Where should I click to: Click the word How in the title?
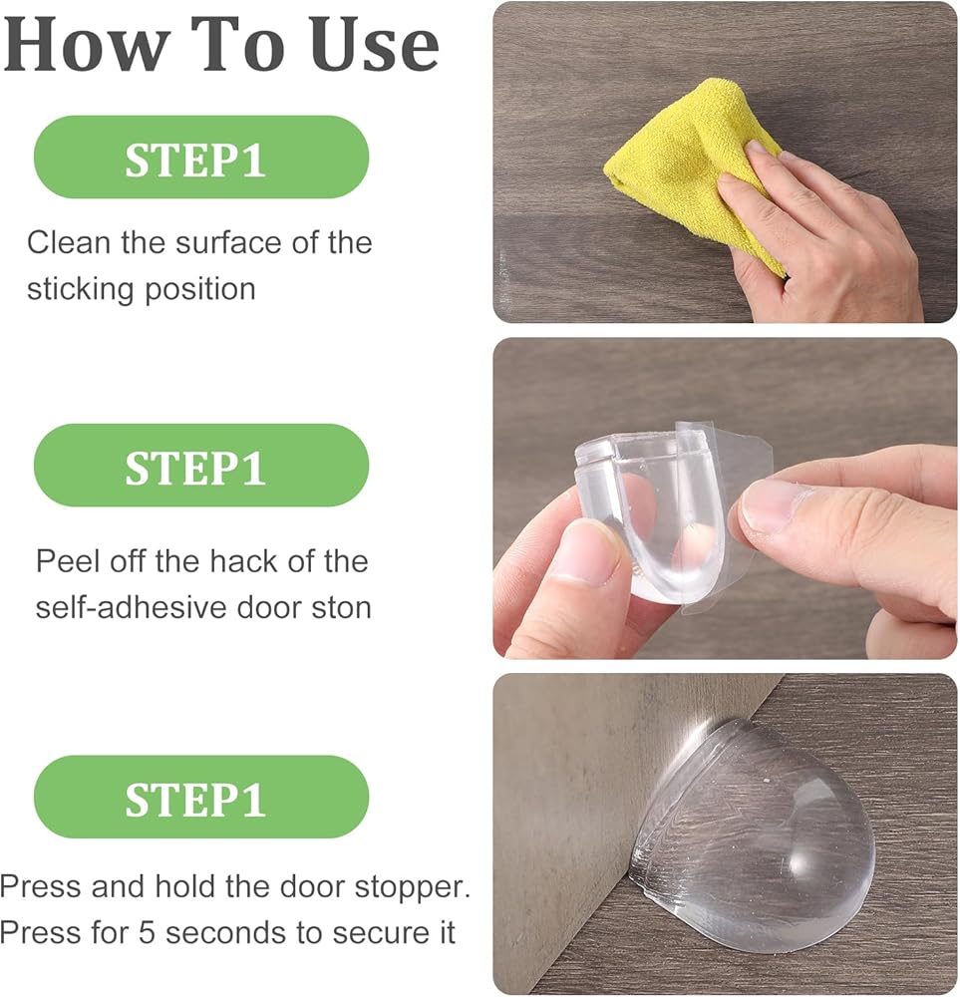click(x=88, y=44)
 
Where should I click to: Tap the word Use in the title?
click(x=375, y=44)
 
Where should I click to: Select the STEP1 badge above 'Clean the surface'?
click(x=201, y=158)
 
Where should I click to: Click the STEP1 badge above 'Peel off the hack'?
click(x=201, y=466)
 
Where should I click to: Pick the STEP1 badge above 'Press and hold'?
click(x=201, y=797)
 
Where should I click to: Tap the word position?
click(x=199, y=290)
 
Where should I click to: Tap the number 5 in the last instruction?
click(x=147, y=933)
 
